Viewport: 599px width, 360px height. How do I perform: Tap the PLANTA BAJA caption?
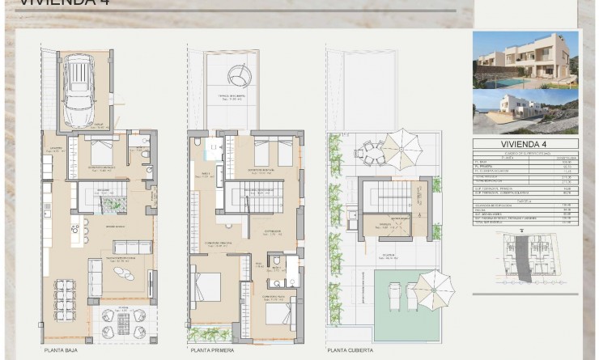61,351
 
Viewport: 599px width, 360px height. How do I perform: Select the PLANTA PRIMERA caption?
212,351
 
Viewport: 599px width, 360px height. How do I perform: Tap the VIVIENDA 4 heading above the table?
525,144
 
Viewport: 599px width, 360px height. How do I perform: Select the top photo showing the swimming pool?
525,59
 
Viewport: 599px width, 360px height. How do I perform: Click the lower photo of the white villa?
525,112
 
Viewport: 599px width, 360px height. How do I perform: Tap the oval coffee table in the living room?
124,273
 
